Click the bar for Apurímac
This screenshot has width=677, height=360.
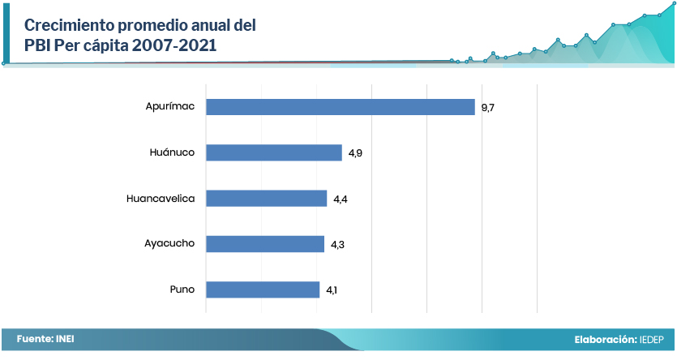pos(340,107)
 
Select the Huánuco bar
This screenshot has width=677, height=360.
pos(273,152)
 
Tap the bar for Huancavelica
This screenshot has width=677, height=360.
pos(266,199)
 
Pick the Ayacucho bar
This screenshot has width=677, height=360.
pos(264,244)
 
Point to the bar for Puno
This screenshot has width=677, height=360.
pos(263,289)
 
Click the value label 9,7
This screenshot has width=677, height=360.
pos(488,107)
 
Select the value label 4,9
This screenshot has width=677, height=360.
pos(355,153)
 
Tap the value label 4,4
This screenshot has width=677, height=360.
pos(340,199)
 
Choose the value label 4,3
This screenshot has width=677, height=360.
pos(337,244)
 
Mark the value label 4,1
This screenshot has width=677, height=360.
pos(332,289)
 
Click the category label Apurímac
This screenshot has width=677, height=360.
pos(170,107)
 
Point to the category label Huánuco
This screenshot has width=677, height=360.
pos(172,152)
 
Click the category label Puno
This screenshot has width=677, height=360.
pos(182,289)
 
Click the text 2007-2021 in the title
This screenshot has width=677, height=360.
pos(176,45)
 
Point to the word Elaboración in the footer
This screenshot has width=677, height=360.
pos(605,340)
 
